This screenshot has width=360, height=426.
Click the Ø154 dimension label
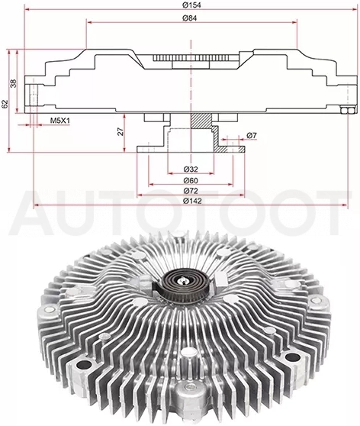coord(191,5)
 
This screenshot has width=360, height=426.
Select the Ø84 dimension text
coord(189,18)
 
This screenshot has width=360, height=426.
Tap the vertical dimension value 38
coord(13,83)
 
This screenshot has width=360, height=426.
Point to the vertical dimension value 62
coord(5,104)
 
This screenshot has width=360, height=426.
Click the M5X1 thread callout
coord(60,121)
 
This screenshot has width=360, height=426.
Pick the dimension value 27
coord(121,131)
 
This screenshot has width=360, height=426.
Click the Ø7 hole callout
coord(252,135)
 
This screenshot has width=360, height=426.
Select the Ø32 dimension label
coord(191,169)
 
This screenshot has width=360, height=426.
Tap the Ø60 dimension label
coord(191,180)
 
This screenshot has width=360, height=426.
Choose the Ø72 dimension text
coord(191,191)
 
